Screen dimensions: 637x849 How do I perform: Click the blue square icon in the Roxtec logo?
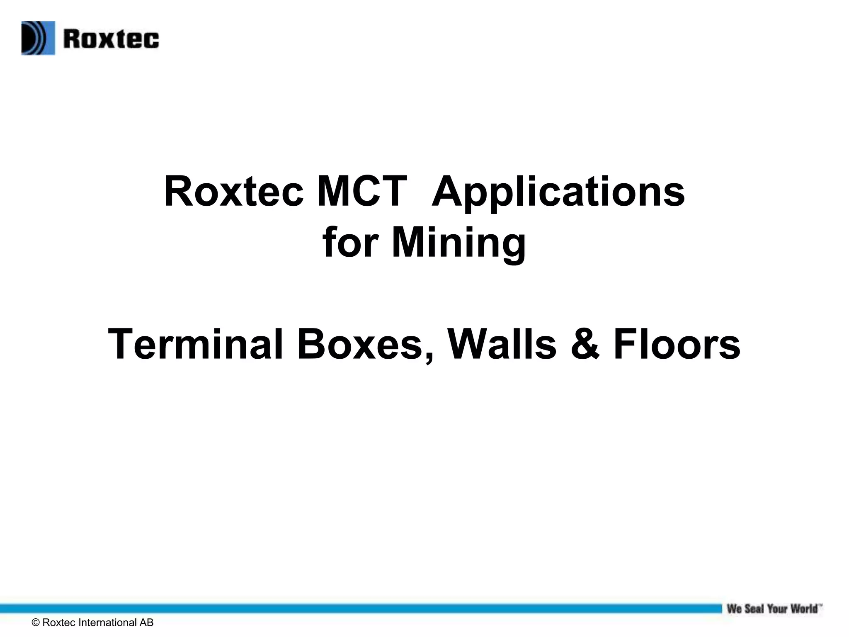38,38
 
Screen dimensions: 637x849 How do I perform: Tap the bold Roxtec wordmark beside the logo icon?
111,39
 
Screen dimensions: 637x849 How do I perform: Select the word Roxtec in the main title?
234,192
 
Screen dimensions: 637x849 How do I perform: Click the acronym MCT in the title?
361,192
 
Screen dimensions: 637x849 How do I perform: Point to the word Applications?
558,192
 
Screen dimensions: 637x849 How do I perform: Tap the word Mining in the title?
458,244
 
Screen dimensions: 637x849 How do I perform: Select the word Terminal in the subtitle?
196,345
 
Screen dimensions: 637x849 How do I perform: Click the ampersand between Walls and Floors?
585,345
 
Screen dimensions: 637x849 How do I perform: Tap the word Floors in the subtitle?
677,345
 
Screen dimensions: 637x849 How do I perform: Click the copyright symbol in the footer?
36,622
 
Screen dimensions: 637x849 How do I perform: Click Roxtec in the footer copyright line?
59,622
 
